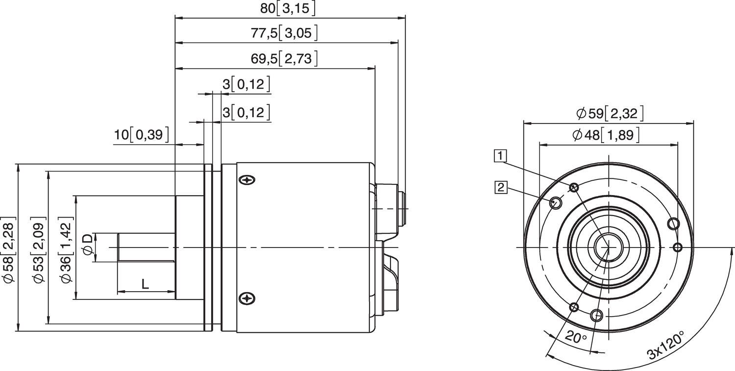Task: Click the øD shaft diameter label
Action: tap(87, 244)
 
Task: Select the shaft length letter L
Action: tap(146, 283)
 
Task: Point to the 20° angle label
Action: tap(576, 337)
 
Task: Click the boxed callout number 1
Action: tap(500, 156)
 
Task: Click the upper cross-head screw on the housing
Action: tap(247, 180)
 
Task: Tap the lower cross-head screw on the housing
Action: tap(247, 298)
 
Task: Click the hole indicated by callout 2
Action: tap(556, 202)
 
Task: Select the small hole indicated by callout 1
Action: tap(574, 187)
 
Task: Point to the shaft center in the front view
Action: tap(608, 247)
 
